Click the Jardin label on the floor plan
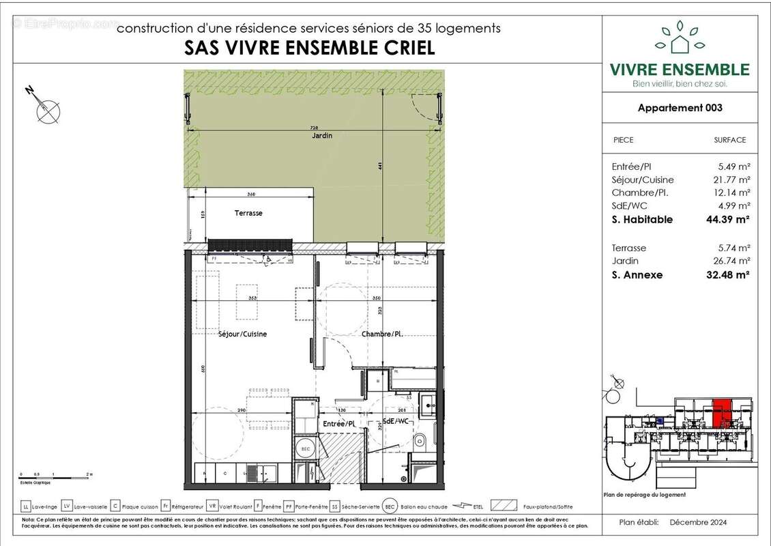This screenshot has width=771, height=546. point(319,136)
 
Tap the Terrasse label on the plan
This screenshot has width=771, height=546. point(248,213)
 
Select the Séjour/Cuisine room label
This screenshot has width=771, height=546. point(242,334)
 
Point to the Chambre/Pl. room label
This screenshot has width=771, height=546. point(380,334)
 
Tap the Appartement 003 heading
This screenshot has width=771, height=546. point(680,108)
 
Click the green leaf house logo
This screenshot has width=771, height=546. point(680,39)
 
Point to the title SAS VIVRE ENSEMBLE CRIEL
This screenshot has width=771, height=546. point(310,48)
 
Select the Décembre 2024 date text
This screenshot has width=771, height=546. point(698,522)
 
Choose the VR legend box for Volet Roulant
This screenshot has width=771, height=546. point(213,507)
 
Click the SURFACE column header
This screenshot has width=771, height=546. point(729,140)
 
